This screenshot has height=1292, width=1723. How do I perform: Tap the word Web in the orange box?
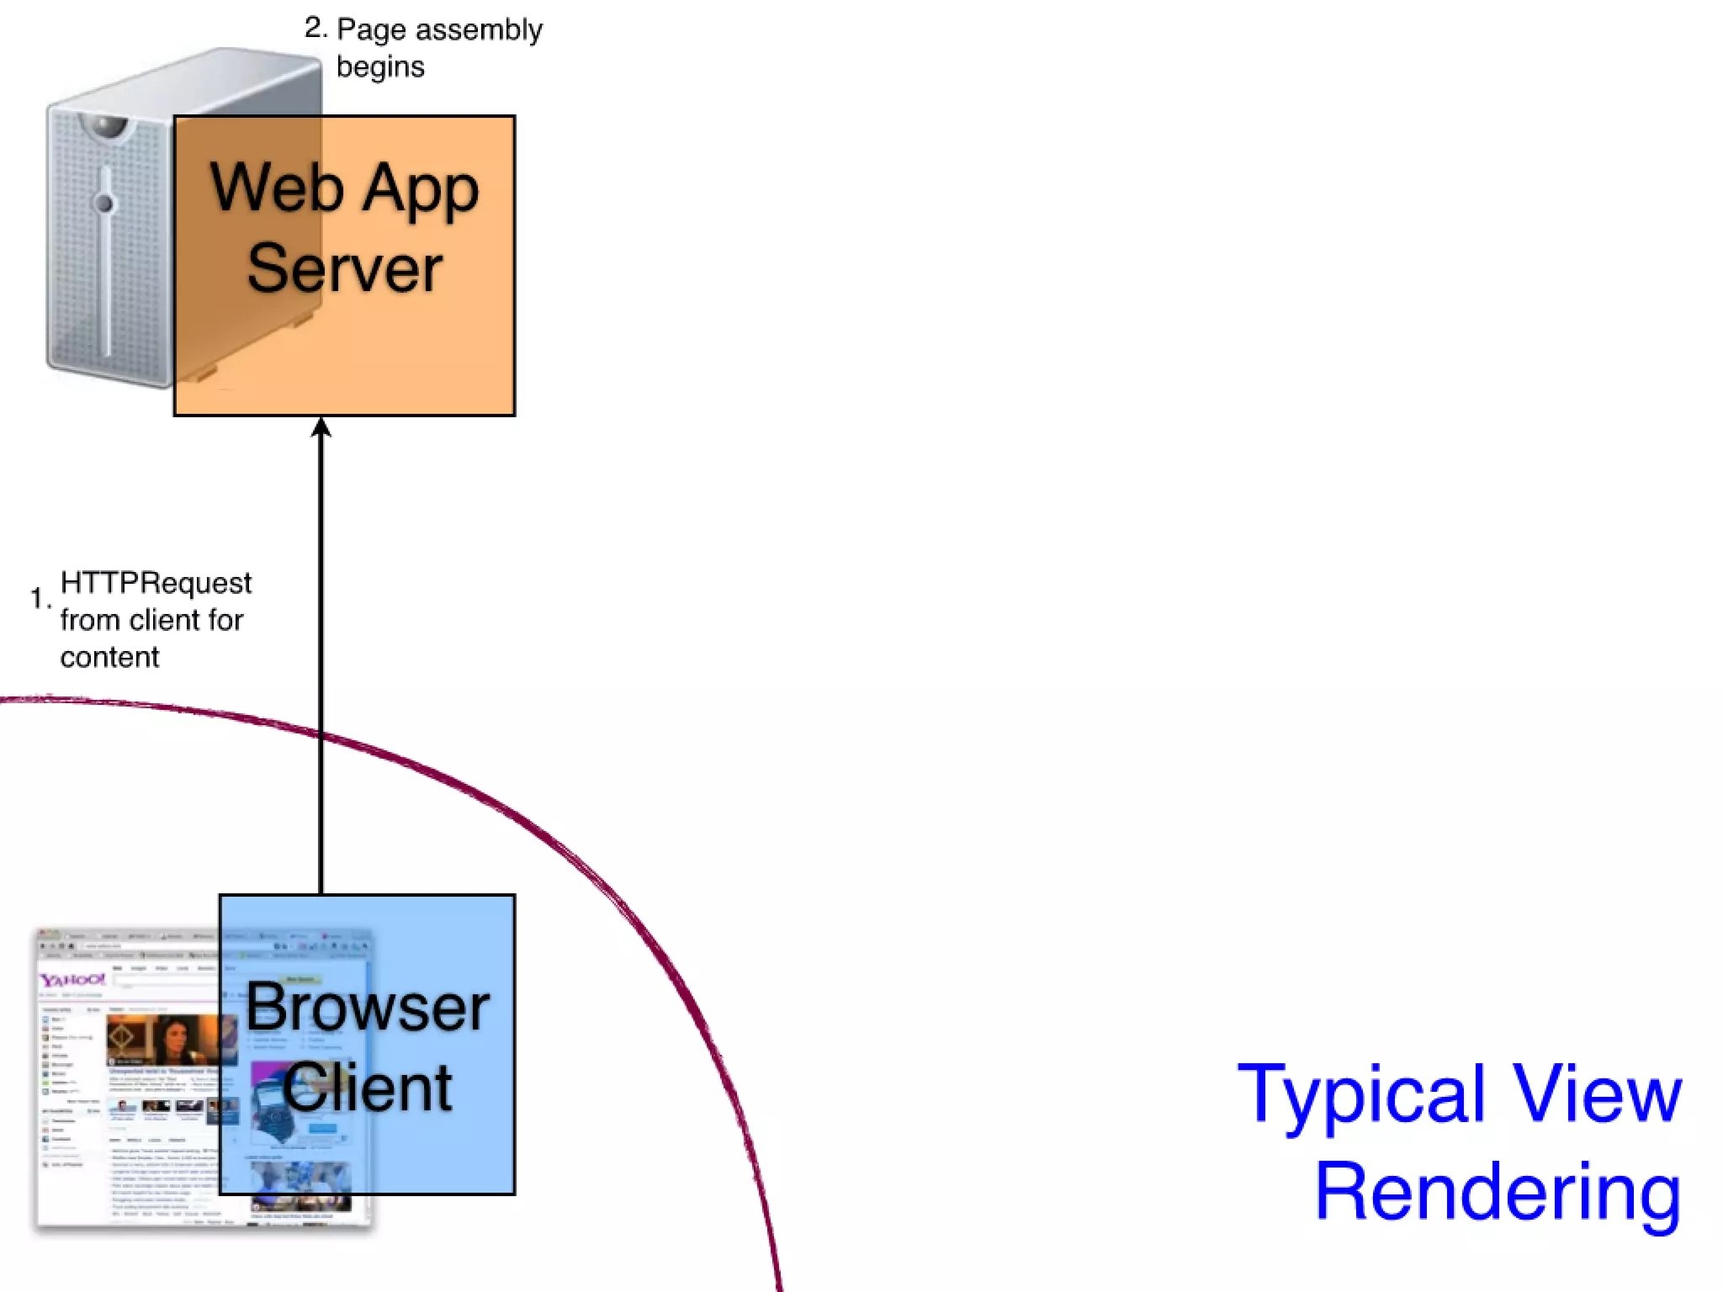[x=277, y=188]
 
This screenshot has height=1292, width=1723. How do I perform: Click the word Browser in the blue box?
[x=368, y=1007]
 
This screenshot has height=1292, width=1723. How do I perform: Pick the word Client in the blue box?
[x=368, y=1088]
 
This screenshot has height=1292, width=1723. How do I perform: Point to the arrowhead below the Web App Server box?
[x=321, y=427]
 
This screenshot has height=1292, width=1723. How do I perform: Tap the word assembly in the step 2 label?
[x=480, y=30]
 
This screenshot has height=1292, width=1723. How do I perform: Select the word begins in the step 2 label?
[x=380, y=67]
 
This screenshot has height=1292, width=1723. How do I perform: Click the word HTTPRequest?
[x=156, y=582]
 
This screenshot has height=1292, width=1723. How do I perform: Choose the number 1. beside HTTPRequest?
[x=40, y=598]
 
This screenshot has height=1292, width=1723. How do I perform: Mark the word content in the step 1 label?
[x=109, y=657]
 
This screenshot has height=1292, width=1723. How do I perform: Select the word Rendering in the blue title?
[x=1498, y=1193]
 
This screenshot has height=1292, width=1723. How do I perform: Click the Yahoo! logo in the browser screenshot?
[x=72, y=980]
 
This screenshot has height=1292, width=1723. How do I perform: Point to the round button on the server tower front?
[x=104, y=203]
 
